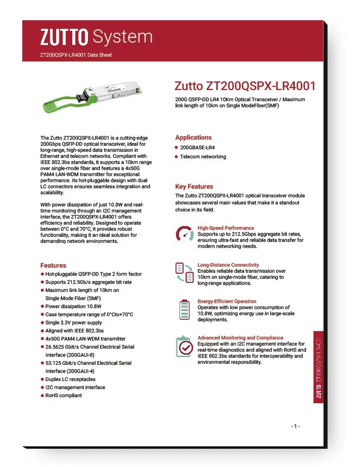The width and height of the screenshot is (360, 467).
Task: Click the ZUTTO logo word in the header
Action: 64,36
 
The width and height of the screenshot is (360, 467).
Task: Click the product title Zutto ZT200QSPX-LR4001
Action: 245,86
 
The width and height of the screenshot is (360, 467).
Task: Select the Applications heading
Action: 193,137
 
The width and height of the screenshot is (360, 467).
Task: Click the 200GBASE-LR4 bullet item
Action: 201,147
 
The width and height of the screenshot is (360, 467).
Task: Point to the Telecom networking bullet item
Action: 203,157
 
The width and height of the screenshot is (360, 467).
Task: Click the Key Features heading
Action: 194,186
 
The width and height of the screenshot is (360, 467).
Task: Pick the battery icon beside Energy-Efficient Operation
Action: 184,310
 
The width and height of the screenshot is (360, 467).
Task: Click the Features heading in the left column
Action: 53,265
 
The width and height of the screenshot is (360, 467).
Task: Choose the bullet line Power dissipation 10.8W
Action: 73,306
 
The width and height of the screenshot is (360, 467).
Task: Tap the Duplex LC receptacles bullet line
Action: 70,379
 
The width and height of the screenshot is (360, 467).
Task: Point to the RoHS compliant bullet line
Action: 63,395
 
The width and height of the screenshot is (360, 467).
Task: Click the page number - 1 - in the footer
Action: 296,426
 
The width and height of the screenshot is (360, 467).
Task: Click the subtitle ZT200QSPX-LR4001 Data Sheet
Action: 75,55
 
